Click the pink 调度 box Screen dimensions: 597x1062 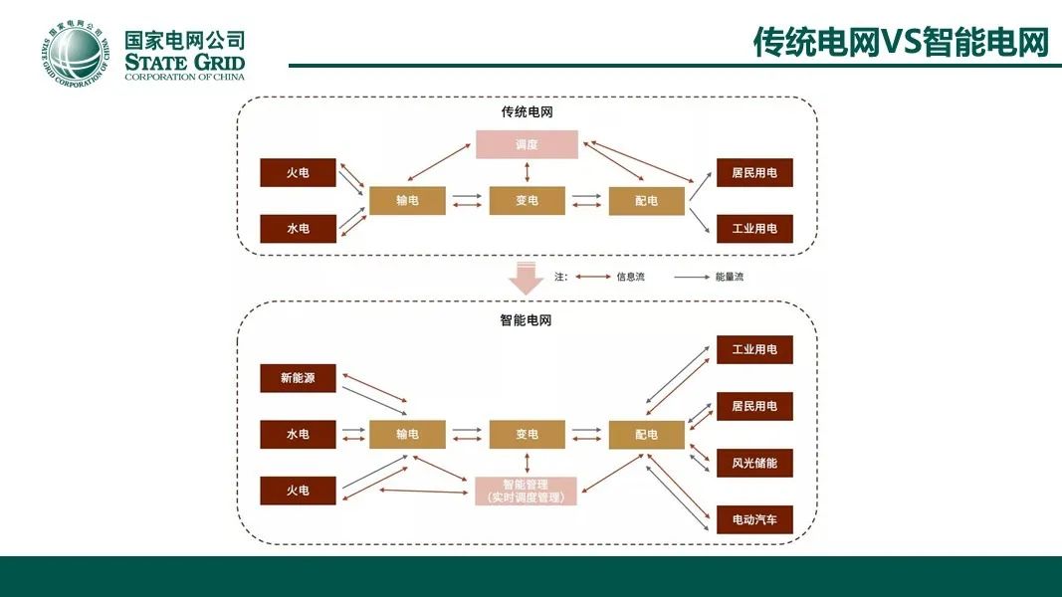click(527, 144)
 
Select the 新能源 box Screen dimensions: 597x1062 click(298, 378)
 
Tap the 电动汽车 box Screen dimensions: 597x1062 click(754, 519)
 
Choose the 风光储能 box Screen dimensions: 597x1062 click(754, 463)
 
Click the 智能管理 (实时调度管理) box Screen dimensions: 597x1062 click(527, 491)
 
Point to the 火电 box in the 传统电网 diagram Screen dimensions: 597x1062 click(298, 172)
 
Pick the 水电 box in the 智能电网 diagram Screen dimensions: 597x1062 click(298, 434)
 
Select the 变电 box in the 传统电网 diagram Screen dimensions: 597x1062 click(527, 200)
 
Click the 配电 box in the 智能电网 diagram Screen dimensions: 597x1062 click(646, 434)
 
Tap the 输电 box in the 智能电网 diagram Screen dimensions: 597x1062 click(407, 434)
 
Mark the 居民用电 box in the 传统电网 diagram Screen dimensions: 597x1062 click(754, 172)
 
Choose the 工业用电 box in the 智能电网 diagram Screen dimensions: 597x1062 click(754, 349)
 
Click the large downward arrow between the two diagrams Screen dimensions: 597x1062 click(526, 278)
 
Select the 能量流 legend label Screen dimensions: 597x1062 click(729, 277)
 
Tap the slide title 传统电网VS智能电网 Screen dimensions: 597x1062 click(902, 42)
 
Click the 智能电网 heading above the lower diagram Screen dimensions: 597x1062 click(526, 320)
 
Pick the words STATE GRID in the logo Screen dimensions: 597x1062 click(184, 63)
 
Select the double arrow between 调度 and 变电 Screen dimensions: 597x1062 click(527, 172)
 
